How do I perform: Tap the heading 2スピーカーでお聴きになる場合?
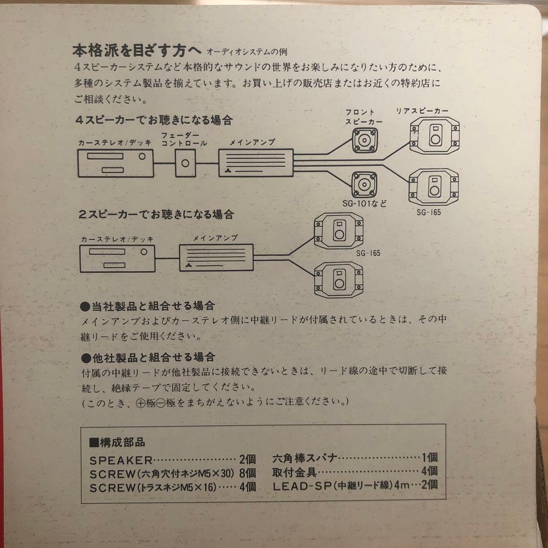(x=156, y=215)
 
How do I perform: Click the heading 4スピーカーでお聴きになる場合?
(x=153, y=121)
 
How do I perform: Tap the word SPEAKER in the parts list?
(x=121, y=461)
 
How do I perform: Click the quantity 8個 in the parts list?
(x=248, y=474)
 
